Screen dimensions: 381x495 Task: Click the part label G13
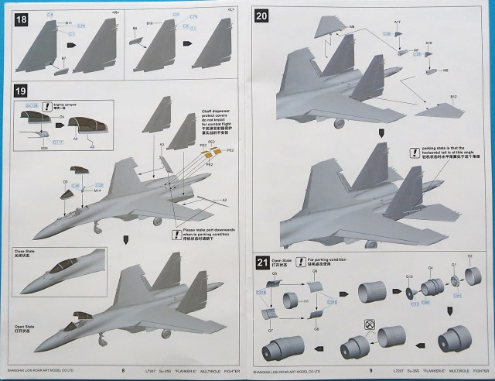tap(409, 276)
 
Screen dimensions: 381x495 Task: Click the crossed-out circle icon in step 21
tap(370, 323)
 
